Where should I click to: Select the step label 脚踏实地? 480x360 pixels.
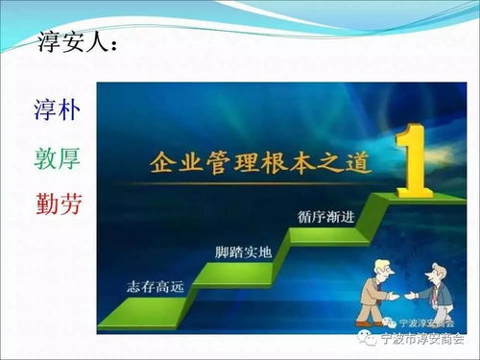[x=241, y=253]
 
